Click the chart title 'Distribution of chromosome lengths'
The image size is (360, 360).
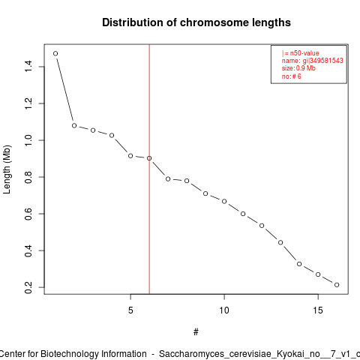tap(196, 22)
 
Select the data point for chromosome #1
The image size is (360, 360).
tap(55, 53)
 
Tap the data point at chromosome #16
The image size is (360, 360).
tap(337, 285)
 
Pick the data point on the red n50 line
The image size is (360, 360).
tap(149, 158)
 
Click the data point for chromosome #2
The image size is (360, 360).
tap(74, 125)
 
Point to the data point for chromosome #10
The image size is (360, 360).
tap(224, 201)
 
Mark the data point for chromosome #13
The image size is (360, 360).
tap(280, 242)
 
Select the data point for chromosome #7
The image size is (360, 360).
tap(168, 179)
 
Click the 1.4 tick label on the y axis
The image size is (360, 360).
tap(28, 66)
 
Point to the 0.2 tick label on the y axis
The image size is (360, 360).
tap(28, 287)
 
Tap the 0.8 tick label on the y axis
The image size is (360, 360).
tap(28, 177)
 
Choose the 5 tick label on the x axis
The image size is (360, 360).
tap(130, 310)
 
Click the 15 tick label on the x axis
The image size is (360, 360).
tap(318, 310)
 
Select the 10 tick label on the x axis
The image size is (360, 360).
tap(224, 310)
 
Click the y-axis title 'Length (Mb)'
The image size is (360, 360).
tap(7, 169)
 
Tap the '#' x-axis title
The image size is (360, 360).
tap(196, 332)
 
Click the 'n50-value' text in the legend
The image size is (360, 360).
tap(304, 53)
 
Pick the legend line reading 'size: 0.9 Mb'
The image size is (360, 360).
tap(298, 68)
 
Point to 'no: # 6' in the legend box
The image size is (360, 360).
tap(292, 76)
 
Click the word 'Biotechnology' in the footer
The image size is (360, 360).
tap(70, 354)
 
